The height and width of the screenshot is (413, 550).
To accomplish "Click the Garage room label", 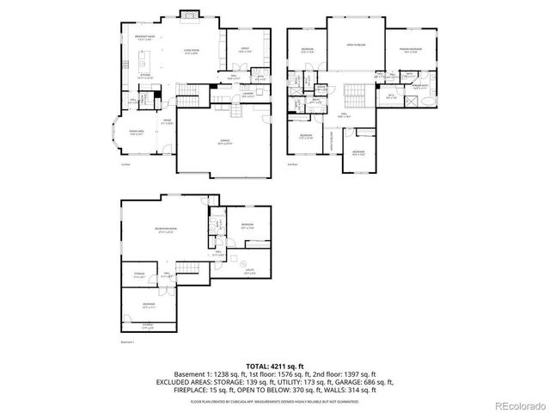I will [225, 144].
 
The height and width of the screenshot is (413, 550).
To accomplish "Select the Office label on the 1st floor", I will [244, 51].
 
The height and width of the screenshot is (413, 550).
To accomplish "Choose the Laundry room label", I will [246, 95].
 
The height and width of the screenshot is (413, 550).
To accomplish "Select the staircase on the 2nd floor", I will [355, 93].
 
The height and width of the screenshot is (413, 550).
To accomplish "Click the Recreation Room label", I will [166, 229].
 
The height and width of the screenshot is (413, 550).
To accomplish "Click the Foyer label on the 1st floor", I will [168, 122].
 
